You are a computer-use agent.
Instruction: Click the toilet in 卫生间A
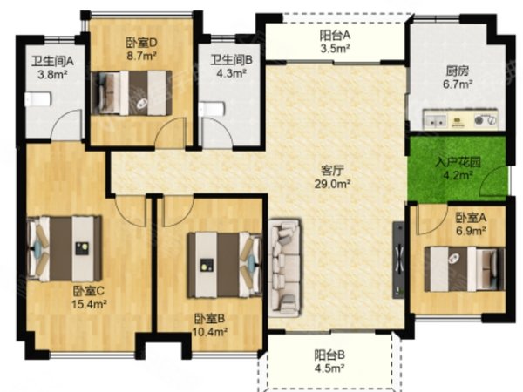[38, 99]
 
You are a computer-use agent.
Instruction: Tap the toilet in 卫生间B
[212, 109]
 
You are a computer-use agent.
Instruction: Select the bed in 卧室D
[132, 93]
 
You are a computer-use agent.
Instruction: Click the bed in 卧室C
[65, 248]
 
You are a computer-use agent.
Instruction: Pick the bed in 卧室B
[225, 265]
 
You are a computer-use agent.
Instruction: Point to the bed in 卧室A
[464, 269]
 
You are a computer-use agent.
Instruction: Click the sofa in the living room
[285, 267]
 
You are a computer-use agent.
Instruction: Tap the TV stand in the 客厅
[398, 260]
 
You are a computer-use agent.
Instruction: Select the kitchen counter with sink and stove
[460, 119]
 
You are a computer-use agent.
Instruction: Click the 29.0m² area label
[332, 184]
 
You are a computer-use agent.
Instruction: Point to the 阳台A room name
[335, 36]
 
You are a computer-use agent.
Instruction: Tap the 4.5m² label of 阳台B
[329, 368]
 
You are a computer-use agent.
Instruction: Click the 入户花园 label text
[458, 162]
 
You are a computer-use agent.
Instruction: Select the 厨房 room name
[458, 71]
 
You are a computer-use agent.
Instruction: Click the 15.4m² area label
[89, 304]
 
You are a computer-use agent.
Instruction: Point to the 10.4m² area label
[210, 332]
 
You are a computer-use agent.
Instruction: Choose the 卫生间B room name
[232, 60]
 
